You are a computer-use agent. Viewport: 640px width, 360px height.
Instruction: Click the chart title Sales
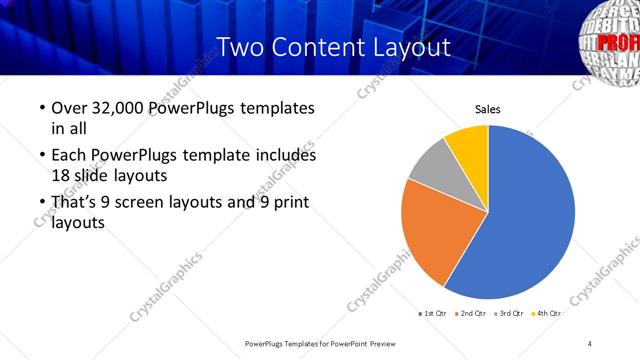[487, 110]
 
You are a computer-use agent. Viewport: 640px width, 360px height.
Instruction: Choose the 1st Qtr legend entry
[436, 314]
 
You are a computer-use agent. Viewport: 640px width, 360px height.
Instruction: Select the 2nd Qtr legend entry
[474, 314]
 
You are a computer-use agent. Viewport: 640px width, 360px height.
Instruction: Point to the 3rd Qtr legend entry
[511, 314]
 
